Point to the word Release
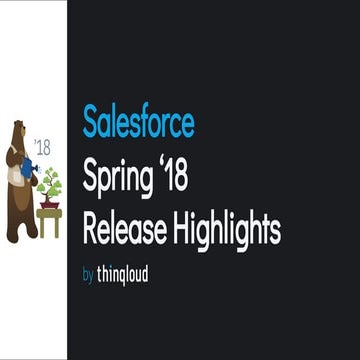point(121,230)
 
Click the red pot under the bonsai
point(49,204)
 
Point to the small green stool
point(49,221)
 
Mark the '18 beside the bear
point(41,147)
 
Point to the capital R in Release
point(90,230)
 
